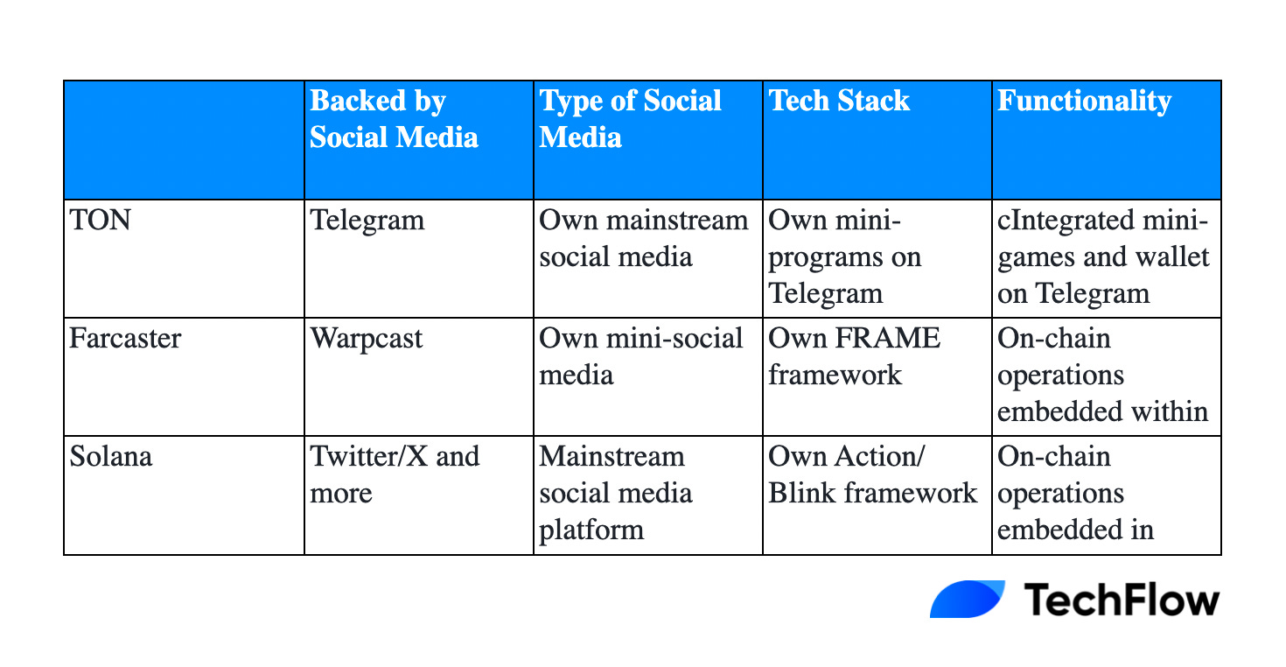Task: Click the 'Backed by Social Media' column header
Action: [x=395, y=119]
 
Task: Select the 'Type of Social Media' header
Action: [x=631, y=119]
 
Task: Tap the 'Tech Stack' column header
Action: [x=840, y=102]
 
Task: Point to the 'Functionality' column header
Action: [x=1084, y=102]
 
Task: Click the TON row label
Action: [x=100, y=219]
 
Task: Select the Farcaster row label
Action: [x=125, y=338]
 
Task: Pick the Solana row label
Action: [x=110, y=457]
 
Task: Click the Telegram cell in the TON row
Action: [x=367, y=219]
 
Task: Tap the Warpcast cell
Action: [x=367, y=338]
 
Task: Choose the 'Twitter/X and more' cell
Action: [x=395, y=474]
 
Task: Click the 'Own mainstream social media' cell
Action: [x=644, y=237]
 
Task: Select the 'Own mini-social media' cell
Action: [x=641, y=356]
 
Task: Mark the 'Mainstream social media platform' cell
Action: [x=616, y=493]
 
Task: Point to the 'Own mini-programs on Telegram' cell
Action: [x=845, y=256]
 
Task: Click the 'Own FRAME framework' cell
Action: [x=854, y=356]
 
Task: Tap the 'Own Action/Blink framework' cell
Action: [x=872, y=474]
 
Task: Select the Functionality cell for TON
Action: [x=1103, y=256]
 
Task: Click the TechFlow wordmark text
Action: [x=1121, y=600]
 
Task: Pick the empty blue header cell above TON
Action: [x=184, y=140]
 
